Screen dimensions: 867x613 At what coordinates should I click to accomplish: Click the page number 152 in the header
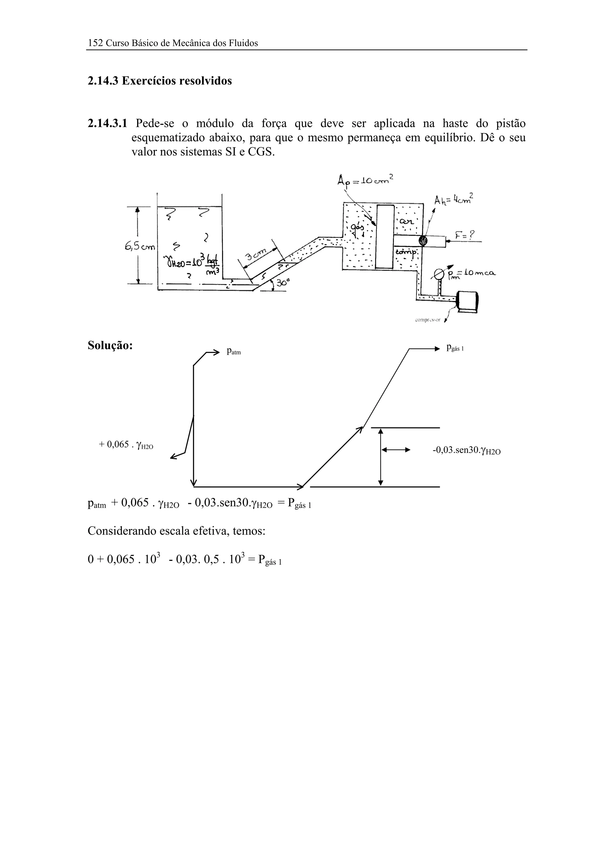click(95, 43)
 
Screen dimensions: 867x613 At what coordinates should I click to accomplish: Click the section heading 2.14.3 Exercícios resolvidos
click(160, 81)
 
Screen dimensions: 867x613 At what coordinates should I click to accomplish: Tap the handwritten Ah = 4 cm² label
click(453, 199)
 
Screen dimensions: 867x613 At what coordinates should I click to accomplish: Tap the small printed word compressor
click(427, 320)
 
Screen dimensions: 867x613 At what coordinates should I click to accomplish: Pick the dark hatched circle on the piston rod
click(423, 241)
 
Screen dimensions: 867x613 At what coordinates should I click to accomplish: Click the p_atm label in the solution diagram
click(233, 352)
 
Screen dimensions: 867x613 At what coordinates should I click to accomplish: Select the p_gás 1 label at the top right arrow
click(455, 348)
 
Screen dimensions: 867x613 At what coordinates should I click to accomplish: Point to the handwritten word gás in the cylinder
click(357, 227)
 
